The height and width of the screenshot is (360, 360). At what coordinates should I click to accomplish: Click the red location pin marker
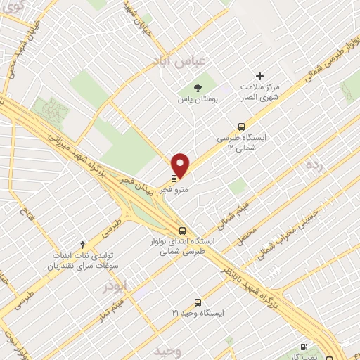pos(181,165)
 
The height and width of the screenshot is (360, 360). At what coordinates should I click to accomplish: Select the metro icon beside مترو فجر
pos(174,178)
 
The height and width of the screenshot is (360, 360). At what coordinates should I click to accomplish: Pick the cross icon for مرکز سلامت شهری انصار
pos(259,76)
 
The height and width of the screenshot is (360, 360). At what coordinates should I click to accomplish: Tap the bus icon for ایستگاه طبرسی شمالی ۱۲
pos(242,127)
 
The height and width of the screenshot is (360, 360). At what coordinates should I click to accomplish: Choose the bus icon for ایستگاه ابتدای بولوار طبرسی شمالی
pos(183,230)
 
